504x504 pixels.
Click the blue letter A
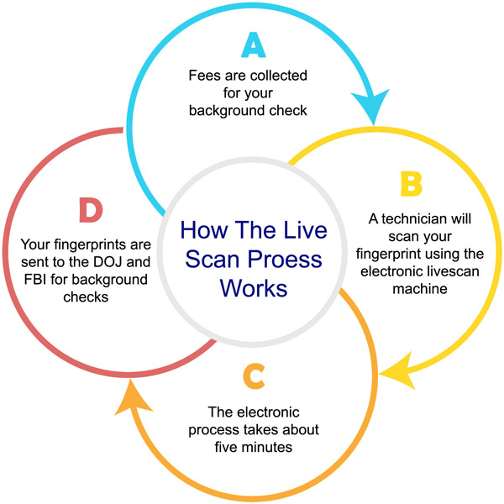click(254, 45)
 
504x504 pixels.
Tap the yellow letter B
click(411, 184)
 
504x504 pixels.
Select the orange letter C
click(254, 376)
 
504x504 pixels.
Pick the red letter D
click(91, 210)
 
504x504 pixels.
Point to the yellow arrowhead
click(398, 371)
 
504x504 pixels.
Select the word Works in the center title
click(254, 288)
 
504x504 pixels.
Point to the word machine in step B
click(420, 289)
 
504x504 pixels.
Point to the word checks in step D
click(86, 297)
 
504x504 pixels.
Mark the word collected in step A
click(279, 76)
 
